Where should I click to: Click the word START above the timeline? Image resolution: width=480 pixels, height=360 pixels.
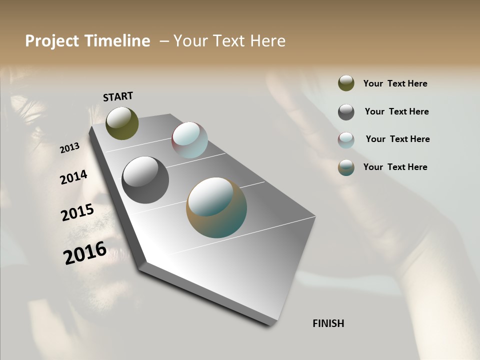click(x=118, y=96)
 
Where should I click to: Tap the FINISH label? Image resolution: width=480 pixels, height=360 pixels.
click(x=328, y=323)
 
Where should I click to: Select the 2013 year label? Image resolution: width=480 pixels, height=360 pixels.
click(x=69, y=148)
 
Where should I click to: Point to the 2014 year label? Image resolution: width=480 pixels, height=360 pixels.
click(x=73, y=177)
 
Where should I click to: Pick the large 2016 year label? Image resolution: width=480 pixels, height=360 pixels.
click(x=85, y=252)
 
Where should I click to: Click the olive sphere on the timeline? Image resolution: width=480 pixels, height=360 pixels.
click(x=122, y=123)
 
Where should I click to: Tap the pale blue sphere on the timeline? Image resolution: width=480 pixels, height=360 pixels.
click(x=189, y=140)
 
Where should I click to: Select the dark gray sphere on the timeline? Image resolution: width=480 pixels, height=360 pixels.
click(x=145, y=180)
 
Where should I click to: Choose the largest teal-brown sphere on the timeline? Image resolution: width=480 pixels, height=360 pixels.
click(x=216, y=207)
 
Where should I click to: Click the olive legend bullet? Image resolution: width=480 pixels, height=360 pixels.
click(x=346, y=83)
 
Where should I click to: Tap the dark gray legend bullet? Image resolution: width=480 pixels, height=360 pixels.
click(x=346, y=112)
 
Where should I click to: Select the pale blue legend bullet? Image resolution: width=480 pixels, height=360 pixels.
click(x=346, y=140)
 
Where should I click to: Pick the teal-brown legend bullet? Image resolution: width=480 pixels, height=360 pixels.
click(x=346, y=167)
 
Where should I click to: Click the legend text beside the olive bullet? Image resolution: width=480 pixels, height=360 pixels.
click(x=395, y=83)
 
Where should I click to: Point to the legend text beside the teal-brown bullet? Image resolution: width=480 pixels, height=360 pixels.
click(x=395, y=167)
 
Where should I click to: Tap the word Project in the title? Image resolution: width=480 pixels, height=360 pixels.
click(x=52, y=41)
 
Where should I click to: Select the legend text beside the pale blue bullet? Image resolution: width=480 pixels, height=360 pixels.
click(x=397, y=139)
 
